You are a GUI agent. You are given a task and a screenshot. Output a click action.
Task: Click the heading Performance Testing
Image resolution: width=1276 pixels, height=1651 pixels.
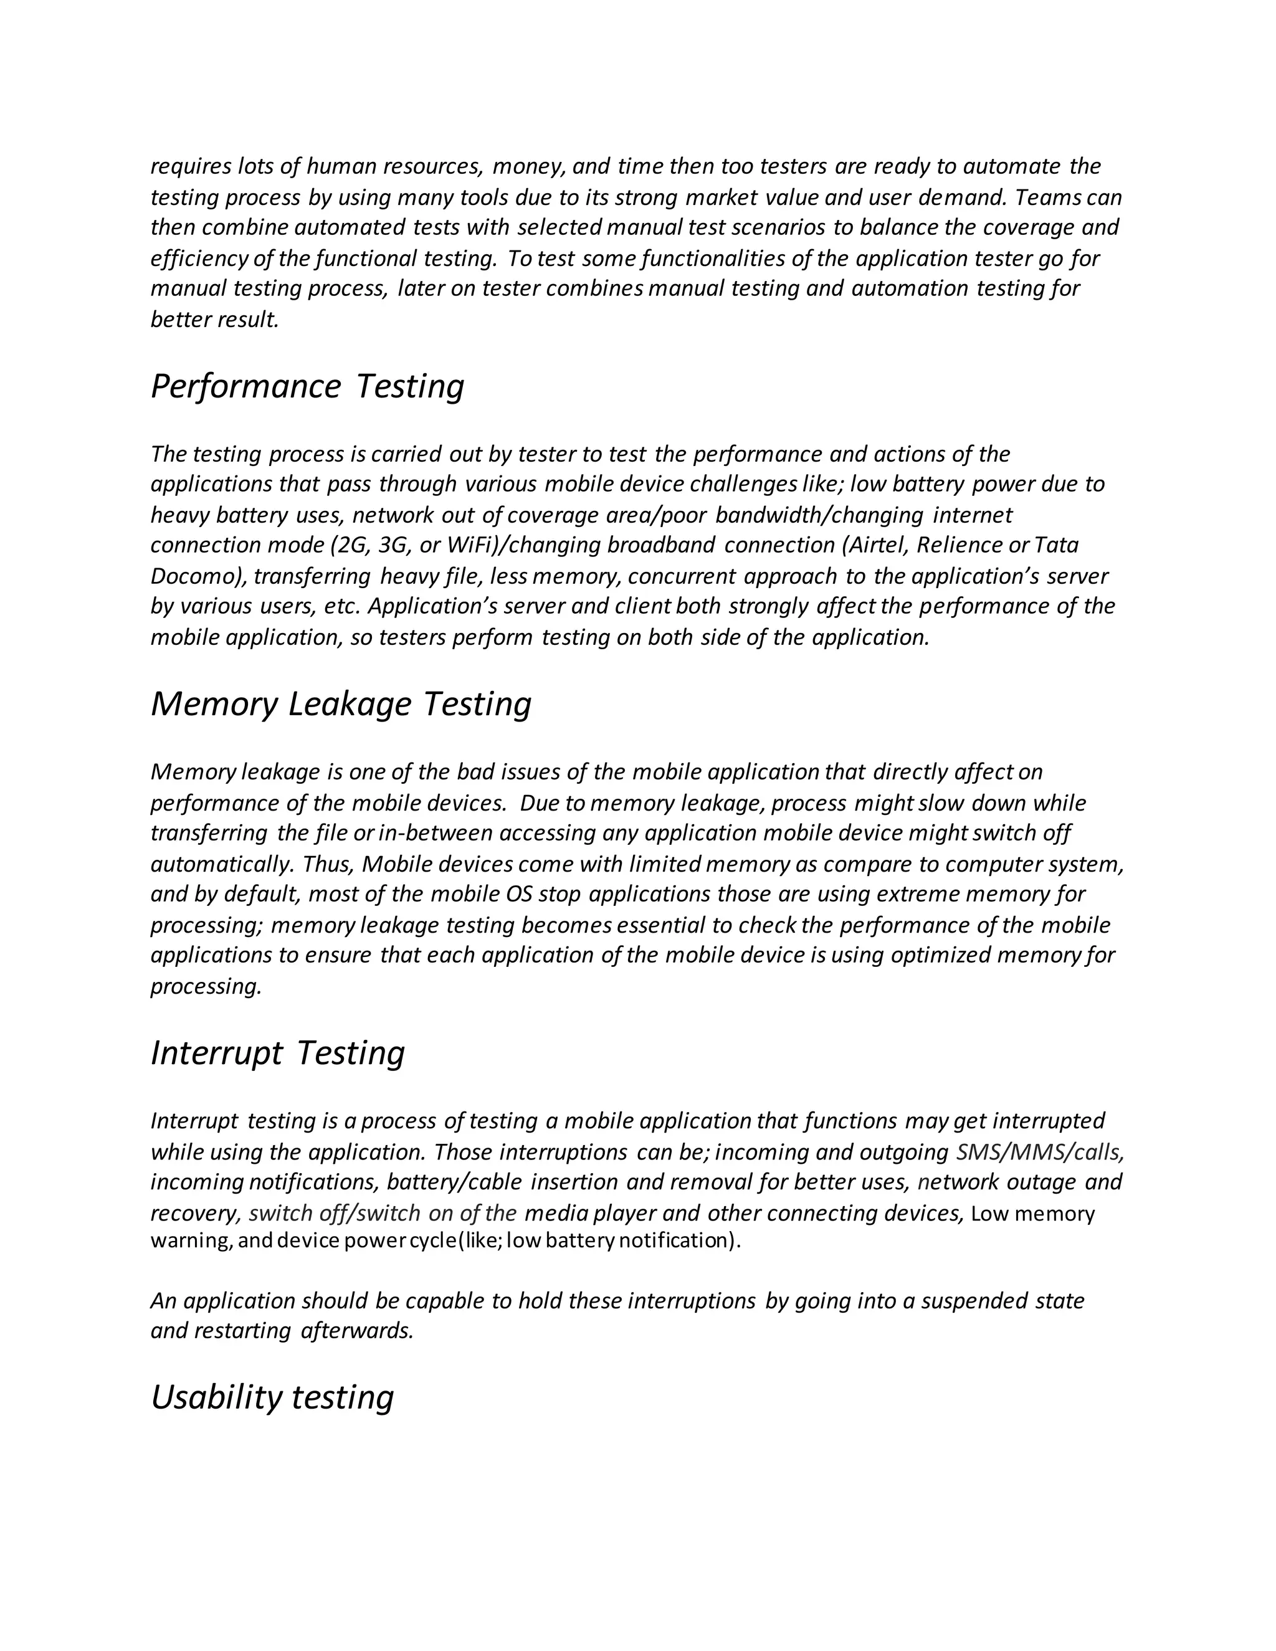point(307,386)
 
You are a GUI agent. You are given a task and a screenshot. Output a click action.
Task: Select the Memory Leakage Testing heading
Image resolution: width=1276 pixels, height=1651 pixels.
point(341,704)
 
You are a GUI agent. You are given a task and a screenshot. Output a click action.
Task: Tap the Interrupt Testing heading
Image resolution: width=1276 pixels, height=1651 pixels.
point(277,1052)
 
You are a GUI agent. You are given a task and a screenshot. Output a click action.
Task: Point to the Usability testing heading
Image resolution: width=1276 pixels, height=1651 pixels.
point(272,1397)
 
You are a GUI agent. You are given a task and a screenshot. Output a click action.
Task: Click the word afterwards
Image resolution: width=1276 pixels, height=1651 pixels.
point(357,1331)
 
